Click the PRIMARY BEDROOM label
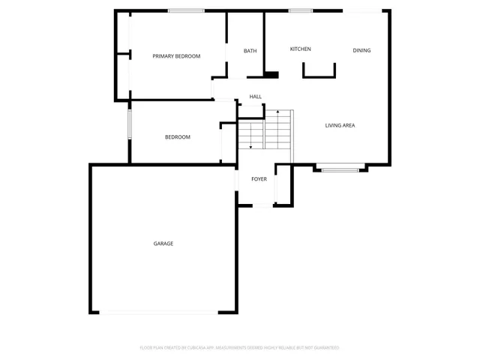pyautogui.click(x=176, y=56)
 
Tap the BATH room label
pyautogui.click(x=250, y=51)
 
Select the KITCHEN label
pyautogui.click(x=301, y=49)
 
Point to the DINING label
pyautogui.click(x=361, y=50)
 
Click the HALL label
pyautogui.click(x=256, y=97)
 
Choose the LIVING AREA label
pyautogui.click(x=340, y=125)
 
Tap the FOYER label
pyautogui.click(x=259, y=179)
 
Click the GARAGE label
pyautogui.click(x=163, y=244)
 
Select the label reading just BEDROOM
pyautogui.click(x=178, y=137)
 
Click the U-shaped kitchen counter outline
pyautogui.click(x=319, y=74)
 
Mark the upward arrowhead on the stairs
pyautogui.click(x=277, y=112)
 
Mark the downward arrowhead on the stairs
pyautogui.click(x=250, y=148)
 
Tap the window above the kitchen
pyautogui.click(x=301, y=10)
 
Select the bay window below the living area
pyautogui.click(x=340, y=170)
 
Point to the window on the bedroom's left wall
pyautogui.click(x=130, y=124)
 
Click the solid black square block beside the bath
pyautogui.click(x=271, y=74)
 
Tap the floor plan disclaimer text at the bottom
pyautogui.click(x=239, y=348)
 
